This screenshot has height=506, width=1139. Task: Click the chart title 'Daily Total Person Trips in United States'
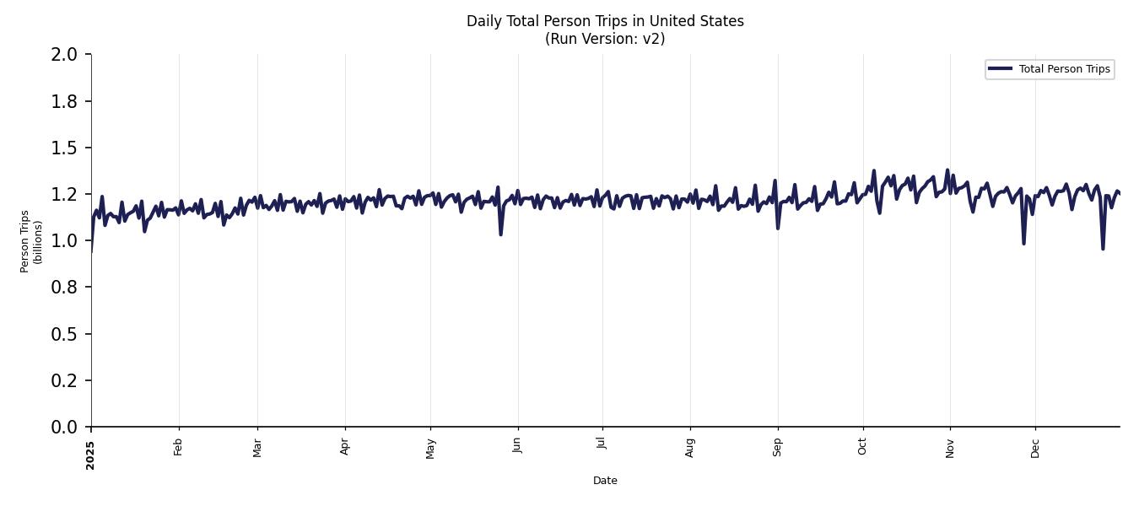click(605, 21)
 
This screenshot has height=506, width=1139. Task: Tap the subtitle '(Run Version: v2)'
click(605, 39)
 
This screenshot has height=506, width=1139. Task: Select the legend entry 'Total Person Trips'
click(1064, 69)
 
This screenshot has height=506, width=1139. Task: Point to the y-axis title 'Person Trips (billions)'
click(31, 241)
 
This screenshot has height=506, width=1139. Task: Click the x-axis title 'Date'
click(605, 481)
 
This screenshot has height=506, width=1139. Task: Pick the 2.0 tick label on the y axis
click(65, 55)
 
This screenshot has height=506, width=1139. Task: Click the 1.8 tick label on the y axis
click(65, 101)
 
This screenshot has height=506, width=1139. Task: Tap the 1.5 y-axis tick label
click(65, 148)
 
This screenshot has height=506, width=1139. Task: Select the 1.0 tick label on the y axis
click(65, 241)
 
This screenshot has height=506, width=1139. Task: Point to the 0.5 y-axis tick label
click(65, 334)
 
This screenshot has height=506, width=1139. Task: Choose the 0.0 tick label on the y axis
click(65, 428)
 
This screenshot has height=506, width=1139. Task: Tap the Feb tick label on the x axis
click(178, 447)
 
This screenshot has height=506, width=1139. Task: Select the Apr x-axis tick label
click(344, 447)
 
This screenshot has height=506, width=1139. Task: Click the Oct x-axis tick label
click(862, 447)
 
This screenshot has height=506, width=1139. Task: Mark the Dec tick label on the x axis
click(1035, 447)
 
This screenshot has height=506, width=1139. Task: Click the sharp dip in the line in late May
click(500, 234)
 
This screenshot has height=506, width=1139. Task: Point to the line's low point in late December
click(1103, 248)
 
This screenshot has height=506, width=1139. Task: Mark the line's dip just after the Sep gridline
click(778, 228)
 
